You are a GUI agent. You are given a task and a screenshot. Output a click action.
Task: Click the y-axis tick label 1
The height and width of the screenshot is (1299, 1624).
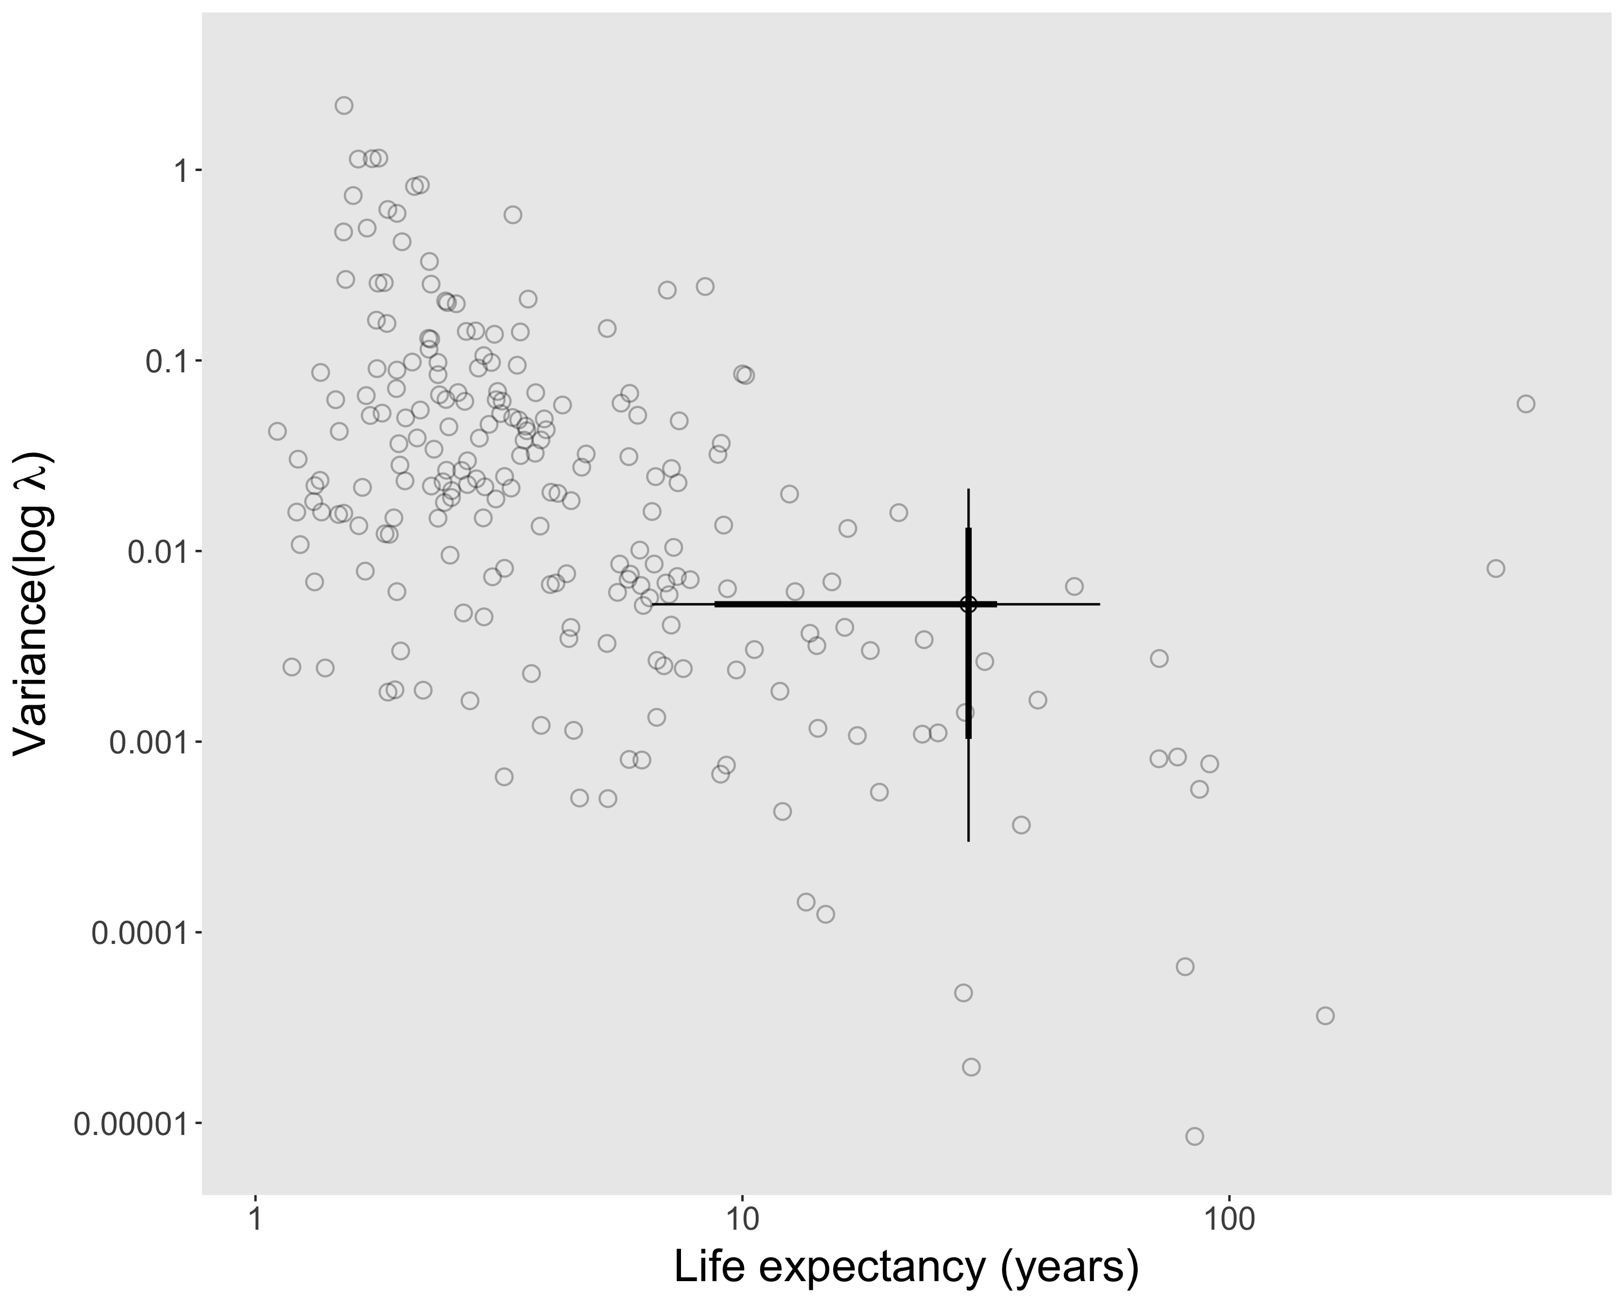click(x=179, y=171)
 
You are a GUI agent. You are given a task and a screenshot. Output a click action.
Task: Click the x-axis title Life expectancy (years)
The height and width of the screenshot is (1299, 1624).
click(x=906, y=1268)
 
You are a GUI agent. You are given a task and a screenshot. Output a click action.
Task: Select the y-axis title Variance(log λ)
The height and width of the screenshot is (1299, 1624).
click(x=34, y=602)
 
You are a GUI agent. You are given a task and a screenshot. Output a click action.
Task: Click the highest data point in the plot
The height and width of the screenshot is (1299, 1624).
click(x=344, y=106)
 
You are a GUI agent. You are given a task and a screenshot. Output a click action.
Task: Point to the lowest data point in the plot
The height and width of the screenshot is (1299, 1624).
click(x=1194, y=1136)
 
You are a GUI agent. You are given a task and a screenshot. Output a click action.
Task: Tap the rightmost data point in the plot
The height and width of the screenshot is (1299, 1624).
click(x=1525, y=404)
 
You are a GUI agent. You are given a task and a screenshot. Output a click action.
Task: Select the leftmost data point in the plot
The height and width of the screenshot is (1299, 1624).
click(x=277, y=431)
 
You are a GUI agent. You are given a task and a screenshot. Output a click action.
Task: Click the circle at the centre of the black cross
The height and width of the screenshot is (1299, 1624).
click(x=968, y=604)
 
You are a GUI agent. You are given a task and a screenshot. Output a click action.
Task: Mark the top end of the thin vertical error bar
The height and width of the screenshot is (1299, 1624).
click(x=968, y=490)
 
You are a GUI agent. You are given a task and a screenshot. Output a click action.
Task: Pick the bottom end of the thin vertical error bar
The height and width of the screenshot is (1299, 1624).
click(x=968, y=841)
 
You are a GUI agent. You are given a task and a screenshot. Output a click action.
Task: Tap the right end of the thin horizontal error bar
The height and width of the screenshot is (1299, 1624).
click(x=1099, y=604)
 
